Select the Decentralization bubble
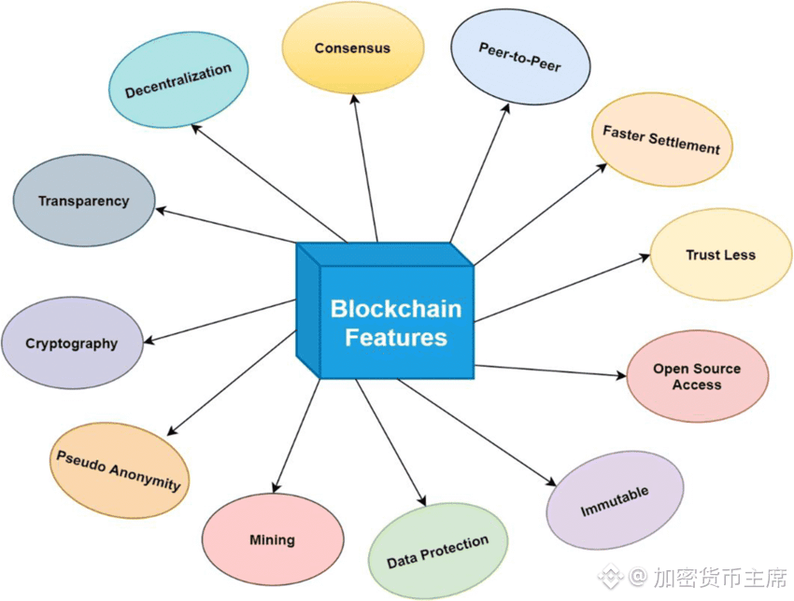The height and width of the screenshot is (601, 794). point(177,81)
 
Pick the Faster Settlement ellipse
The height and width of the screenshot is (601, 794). point(661,140)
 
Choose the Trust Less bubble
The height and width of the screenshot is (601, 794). point(720,255)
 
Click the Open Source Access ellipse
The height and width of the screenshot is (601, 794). point(697,376)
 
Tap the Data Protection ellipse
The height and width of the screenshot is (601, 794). point(437,552)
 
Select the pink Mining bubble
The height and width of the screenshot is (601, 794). point(272,539)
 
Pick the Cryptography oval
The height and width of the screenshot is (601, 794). point(72,342)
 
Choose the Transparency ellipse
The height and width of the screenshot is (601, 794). point(83,201)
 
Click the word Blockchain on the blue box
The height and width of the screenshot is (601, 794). point(396,308)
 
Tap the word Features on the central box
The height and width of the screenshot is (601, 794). point(396,337)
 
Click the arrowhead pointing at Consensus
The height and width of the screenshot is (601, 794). point(353,96)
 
